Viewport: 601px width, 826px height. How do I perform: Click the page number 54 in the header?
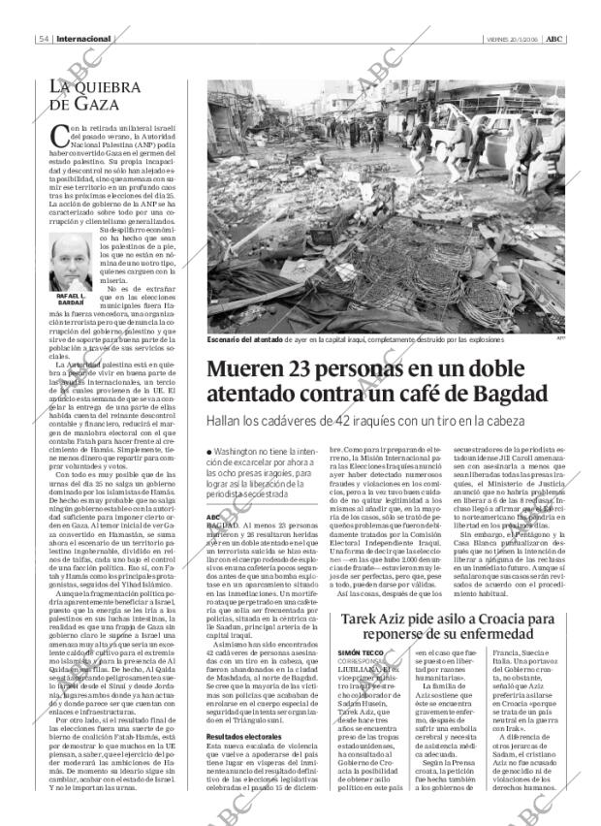[x=45, y=39]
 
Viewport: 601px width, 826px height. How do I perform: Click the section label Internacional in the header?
[x=84, y=39]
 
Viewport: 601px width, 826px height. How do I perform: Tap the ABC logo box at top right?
[x=554, y=39]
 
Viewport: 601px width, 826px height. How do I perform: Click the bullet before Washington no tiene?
[x=209, y=453]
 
